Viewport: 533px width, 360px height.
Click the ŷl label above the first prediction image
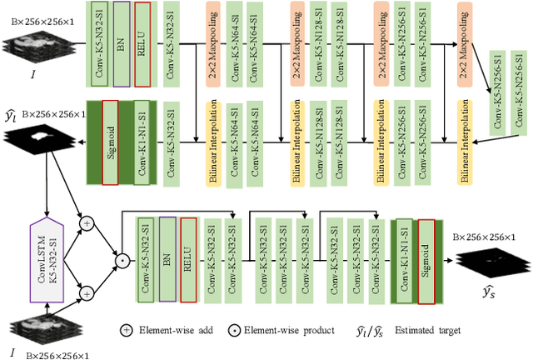pos(12,113)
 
